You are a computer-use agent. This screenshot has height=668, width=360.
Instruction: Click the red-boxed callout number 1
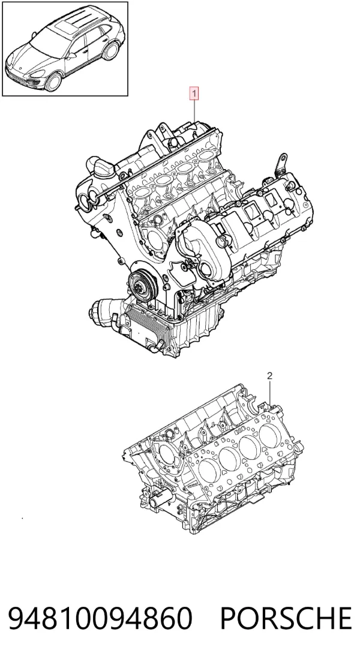click(194, 94)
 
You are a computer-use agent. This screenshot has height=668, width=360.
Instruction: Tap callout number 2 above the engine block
click(269, 376)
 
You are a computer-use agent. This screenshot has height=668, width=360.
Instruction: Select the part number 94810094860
click(100, 619)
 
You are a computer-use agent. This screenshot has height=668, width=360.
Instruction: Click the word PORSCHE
click(286, 619)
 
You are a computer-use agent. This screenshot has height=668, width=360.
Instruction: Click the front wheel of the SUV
click(53, 82)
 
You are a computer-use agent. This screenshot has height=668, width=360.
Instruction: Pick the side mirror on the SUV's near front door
click(72, 55)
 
